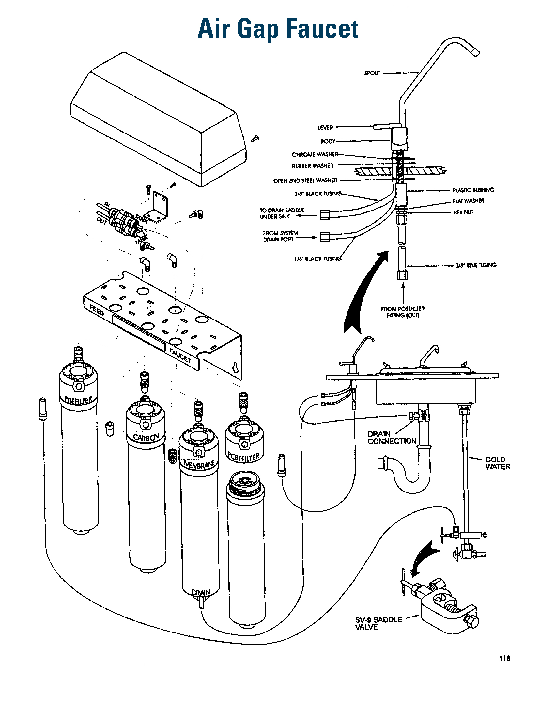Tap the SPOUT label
(x=372, y=73)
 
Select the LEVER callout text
(x=325, y=128)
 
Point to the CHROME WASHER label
(x=315, y=154)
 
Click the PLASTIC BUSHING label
(x=473, y=190)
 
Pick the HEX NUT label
(x=463, y=212)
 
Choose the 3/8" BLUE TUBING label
(x=475, y=265)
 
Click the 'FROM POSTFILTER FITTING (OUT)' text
(x=403, y=312)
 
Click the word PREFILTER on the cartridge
(x=79, y=400)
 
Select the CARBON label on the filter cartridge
(x=146, y=437)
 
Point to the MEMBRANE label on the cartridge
(x=199, y=464)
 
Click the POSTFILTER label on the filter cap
(x=243, y=457)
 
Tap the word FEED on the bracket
(x=97, y=310)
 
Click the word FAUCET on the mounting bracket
(x=180, y=355)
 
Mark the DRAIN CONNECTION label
(x=392, y=438)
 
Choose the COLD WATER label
(x=498, y=463)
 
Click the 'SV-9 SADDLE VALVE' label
(x=378, y=623)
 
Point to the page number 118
(x=504, y=658)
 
